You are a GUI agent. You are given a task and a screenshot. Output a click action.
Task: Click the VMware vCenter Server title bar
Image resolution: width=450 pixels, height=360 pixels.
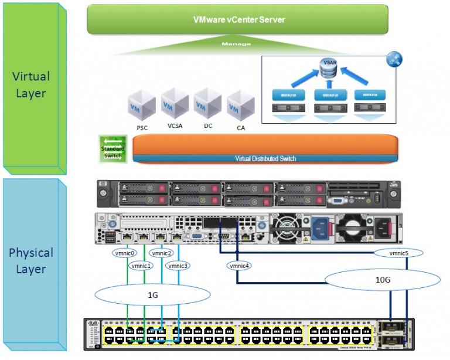238,19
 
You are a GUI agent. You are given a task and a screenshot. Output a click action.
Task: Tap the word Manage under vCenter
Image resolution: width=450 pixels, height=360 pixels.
236,44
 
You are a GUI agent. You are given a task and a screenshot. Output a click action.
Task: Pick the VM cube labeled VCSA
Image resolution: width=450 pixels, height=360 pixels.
175,103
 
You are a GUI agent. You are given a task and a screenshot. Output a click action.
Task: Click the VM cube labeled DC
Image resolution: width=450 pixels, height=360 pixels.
207,103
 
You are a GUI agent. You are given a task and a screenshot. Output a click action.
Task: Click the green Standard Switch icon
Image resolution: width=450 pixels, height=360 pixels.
112,148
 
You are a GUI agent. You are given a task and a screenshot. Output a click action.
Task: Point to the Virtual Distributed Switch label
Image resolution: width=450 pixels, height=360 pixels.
265,158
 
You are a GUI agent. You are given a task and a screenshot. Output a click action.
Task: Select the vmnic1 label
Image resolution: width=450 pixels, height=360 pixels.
142,266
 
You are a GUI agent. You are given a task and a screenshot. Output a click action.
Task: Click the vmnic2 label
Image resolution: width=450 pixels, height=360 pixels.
162,253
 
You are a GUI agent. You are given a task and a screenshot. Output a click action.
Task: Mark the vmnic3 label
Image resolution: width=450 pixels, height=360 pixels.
178,266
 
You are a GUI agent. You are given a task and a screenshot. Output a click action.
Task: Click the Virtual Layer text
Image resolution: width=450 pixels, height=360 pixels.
31,84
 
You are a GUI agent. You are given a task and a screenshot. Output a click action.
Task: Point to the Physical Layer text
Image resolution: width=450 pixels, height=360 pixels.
31,261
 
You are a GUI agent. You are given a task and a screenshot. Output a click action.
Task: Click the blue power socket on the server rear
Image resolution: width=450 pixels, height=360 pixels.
321,228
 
